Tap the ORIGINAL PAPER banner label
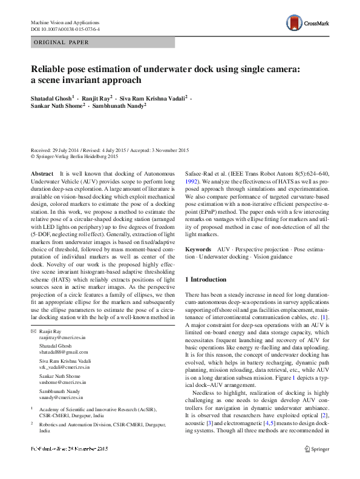pyautogui.click(x=61, y=42)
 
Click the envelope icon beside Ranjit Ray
pyautogui.click(x=34, y=332)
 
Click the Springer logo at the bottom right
pyautogui.click(x=316, y=466)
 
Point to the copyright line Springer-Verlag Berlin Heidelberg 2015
pyautogui.click(x=71, y=156)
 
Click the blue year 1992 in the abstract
pyautogui.click(x=191, y=181)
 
